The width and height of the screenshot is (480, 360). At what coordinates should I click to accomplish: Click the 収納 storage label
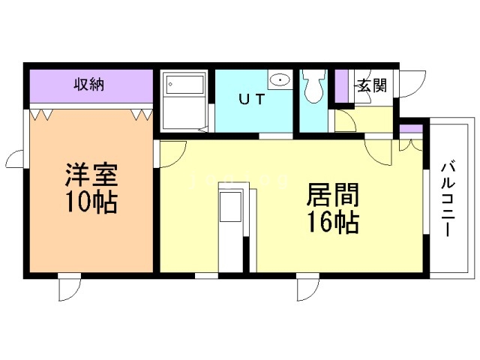[x=89, y=85]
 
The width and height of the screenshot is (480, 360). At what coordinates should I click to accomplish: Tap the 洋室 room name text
[x=91, y=175]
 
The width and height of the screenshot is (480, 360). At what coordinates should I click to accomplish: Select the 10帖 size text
[x=91, y=202]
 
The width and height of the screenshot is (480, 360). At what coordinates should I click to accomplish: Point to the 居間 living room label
[x=333, y=194]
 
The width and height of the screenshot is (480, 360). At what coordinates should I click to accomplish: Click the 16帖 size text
[x=333, y=222]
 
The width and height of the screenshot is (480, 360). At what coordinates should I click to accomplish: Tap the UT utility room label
[x=251, y=99]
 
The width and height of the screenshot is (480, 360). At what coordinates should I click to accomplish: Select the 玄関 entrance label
[x=373, y=85]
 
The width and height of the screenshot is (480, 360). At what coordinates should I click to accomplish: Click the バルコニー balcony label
[x=448, y=200]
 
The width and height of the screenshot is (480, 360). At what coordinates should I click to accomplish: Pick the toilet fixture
[x=313, y=87]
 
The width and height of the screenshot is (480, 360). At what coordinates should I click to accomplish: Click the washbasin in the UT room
[x=280, y=80]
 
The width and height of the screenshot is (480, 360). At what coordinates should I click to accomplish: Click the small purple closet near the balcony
[x=411, y=128]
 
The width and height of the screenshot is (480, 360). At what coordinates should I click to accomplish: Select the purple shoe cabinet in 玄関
[x=342, y=86]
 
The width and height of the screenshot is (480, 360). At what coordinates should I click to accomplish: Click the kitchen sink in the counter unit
[x=230, y=207]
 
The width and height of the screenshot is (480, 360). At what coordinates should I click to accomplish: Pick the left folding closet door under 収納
[x=40, y=114]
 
